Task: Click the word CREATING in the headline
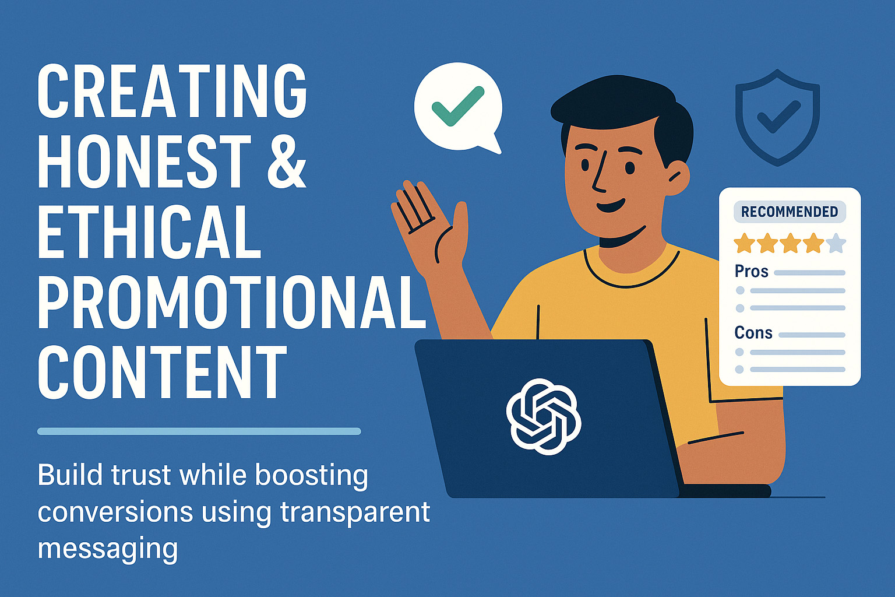(x=172, y=90)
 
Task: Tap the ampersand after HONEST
(x=287, y=160)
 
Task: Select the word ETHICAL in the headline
(x=149, y=231)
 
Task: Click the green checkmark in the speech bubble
(x=458, y=106)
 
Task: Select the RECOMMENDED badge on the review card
(x=790, y=212)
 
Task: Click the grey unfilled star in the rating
(x=836, y=243)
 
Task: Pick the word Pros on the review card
(x=751, y=272)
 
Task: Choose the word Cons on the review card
(x=753, y=333)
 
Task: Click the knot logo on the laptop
(x=544, y=416)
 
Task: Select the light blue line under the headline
(x=199, y=431)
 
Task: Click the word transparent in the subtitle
(x=355, y=512)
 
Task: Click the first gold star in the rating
(x=745, y=243)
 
